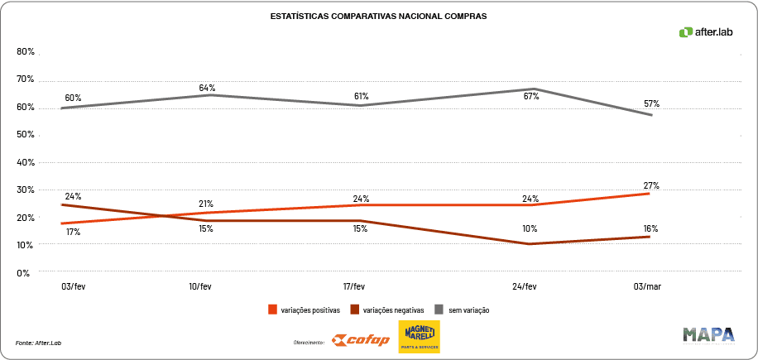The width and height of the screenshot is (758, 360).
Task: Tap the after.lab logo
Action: pos(706,32)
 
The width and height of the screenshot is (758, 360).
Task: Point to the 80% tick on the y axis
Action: pos(25,51)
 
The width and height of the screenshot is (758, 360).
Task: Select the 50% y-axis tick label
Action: pos(25,134)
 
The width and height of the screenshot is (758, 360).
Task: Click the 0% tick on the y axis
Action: pos(25,272)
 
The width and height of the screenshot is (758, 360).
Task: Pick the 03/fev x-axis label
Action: pos(73,286)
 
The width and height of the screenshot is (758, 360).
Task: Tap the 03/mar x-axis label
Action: pos(647,286)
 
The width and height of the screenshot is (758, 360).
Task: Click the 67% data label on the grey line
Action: pos(531,96)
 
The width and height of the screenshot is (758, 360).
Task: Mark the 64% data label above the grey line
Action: pos(207,88)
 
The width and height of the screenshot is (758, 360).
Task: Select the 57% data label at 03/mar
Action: pos(651,103)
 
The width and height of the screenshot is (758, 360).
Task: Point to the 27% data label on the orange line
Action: pos(651,185)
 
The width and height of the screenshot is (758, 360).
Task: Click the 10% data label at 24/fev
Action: pos(530,228)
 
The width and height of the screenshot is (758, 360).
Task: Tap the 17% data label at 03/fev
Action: pos(73,233)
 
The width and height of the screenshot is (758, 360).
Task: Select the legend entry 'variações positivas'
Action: pos(304,310)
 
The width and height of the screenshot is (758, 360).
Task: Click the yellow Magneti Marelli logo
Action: pos(420,337)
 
